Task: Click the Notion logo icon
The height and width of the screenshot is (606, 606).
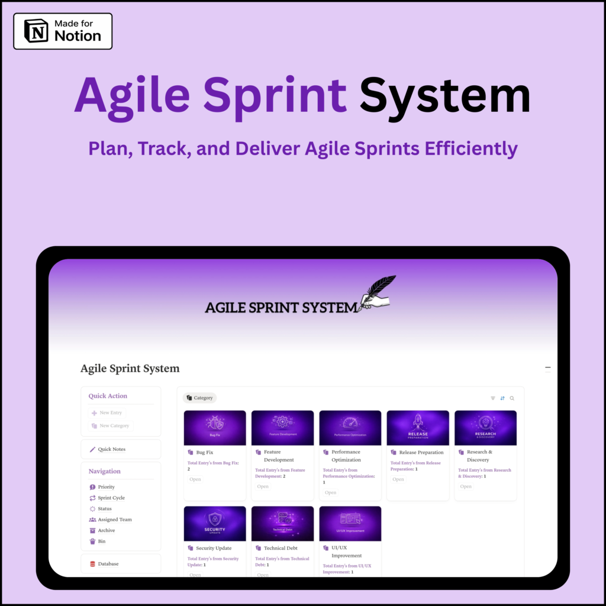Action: click(x=36, y=31)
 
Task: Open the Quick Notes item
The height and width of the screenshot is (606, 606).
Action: click(x=111, y=449)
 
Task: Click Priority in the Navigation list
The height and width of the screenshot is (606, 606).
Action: click(x=106, y=487)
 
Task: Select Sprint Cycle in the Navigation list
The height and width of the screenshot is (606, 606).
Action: click(x=111, y=498)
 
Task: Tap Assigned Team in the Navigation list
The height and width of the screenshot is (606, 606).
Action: click(x=114, y=520)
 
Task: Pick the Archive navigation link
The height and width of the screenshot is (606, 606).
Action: click(x=106, y=530)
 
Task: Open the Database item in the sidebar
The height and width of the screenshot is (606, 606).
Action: click(x=108, y=564)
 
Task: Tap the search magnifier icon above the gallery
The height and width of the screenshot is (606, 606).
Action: click(x=512, y=398)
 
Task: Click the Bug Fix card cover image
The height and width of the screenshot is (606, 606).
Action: click(x=215, y=427)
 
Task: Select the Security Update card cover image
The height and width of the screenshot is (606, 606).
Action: click(x=215, y=523)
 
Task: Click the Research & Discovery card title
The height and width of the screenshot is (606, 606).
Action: click(x=479, y=456)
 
